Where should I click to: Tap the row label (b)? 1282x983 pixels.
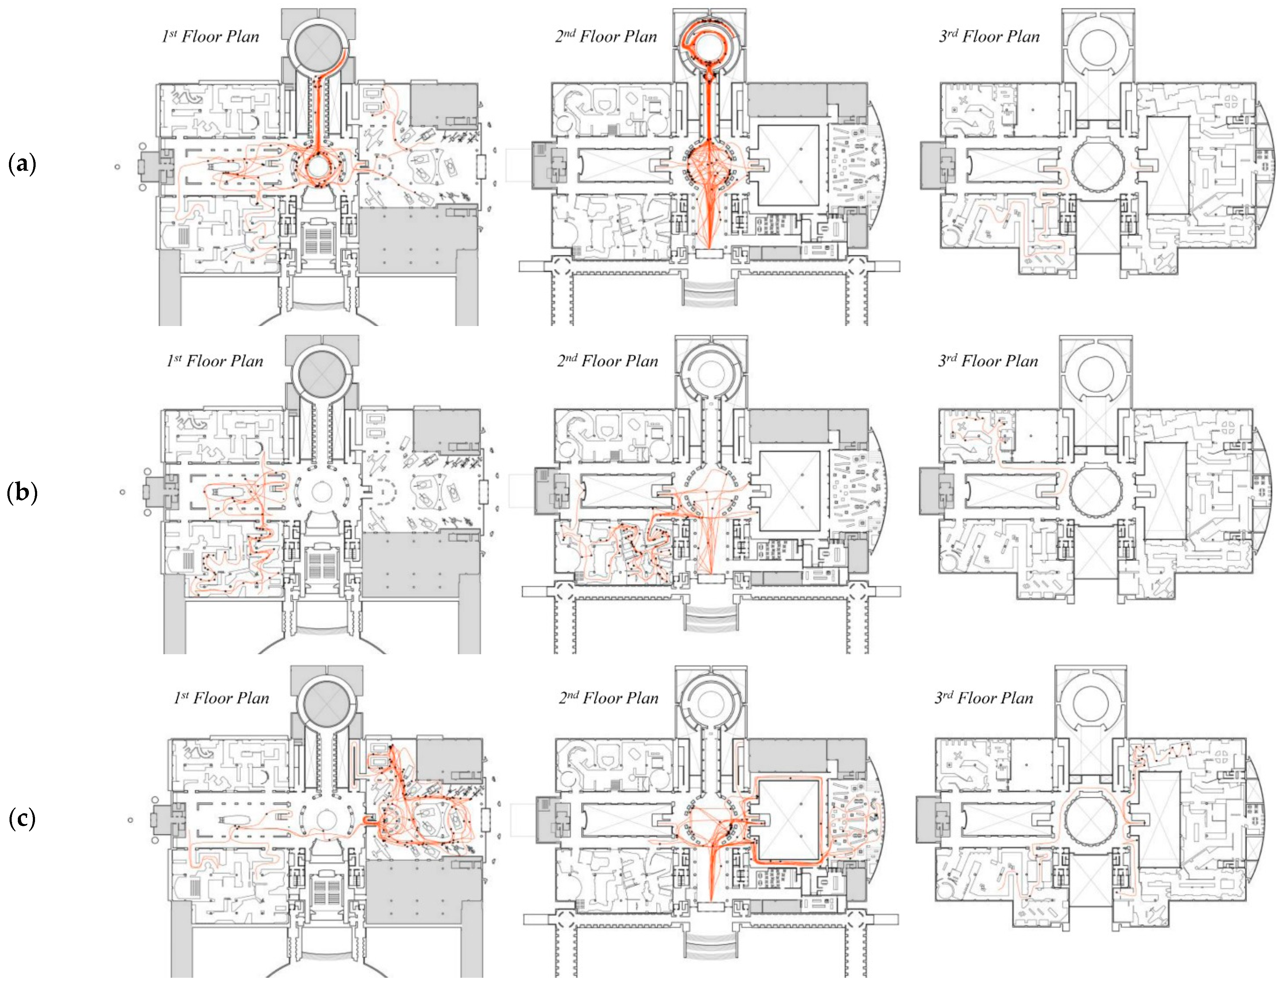pyautogui.click(x=22, y=493)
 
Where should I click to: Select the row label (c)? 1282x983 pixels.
pyautogui.click(x=22, y=819)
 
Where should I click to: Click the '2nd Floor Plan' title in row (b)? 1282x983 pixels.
pyautogui.click(x=608, y=361)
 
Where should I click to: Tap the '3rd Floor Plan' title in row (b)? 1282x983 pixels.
pyautogui.click(x=988, y=361)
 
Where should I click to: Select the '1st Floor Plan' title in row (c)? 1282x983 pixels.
pyautogui.click(x=221, y=698)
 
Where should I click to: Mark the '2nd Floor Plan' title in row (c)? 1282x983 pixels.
pyautogui.click(x=609, y=698)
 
